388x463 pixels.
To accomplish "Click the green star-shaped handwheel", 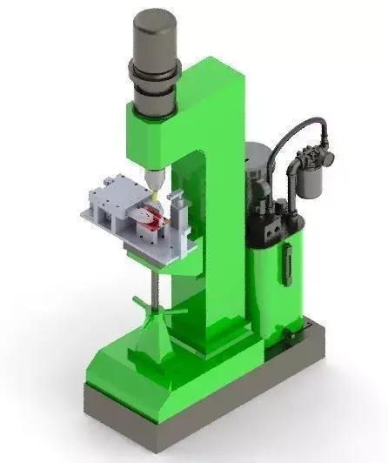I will pyautogui.click(x=152, y=306).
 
